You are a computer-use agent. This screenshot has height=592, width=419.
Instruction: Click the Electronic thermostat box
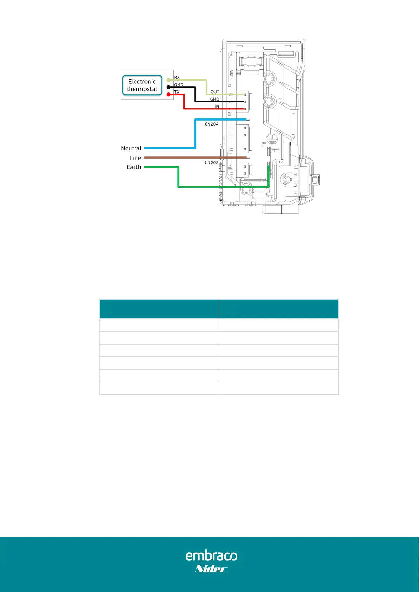coord(142,85)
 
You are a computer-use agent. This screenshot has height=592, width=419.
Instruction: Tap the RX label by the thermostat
coord(177,77)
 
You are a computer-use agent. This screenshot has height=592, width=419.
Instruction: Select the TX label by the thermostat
coord(177,92)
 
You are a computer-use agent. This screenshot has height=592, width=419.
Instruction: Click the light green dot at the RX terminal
coord(168,80)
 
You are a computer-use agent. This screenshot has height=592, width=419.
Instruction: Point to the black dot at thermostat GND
coord(168,87)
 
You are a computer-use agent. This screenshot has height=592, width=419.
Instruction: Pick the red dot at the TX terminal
coord(168,95)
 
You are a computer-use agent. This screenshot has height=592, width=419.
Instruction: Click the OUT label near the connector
coord(215,92)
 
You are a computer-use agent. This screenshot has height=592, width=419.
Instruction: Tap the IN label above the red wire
coord(217,106)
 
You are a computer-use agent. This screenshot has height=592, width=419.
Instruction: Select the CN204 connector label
coord(212,124)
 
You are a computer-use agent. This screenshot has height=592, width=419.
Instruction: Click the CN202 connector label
coord(212,163)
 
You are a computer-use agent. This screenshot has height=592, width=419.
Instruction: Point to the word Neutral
coord(131,148)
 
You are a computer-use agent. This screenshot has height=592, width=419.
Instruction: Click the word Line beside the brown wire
coord(135,158)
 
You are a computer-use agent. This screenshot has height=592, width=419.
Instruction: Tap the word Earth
coord(134,167)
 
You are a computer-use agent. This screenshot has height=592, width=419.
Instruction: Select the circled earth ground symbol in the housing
coord(271,139)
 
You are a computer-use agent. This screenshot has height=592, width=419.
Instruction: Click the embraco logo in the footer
coord(211,555)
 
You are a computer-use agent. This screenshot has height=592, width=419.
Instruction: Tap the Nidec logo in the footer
coord(211,569)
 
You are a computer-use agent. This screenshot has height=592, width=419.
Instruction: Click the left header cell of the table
coord(159,309)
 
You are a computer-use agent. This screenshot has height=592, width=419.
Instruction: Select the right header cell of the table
coord(278,309)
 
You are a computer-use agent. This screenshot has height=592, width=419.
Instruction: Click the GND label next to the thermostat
coord(179,85)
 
